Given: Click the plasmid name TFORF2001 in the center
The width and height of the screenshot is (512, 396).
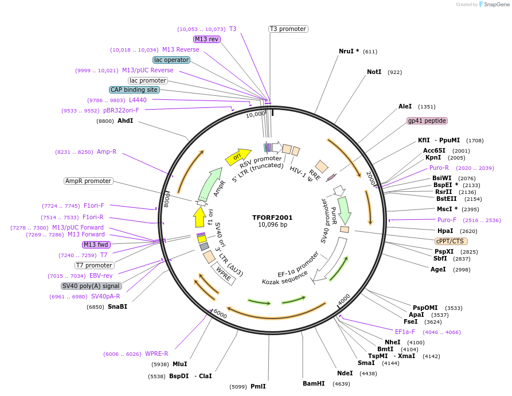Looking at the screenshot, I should click(272, 218).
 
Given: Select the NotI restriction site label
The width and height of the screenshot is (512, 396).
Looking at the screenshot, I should click(374, 72).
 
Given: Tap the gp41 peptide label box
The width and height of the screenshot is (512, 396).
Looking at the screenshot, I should click(427, 121).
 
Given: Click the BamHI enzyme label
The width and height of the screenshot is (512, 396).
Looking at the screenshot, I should click(314, 383).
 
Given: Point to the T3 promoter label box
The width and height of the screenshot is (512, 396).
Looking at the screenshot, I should click(288, 29).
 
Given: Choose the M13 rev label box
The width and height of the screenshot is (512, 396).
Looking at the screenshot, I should click(206, 39).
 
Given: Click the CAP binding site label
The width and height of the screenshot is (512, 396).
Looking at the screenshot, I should click(134, 90).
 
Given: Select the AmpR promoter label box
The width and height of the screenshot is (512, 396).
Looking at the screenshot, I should click(88, 181).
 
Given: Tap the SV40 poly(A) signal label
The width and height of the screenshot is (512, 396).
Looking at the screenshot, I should click(91, 286).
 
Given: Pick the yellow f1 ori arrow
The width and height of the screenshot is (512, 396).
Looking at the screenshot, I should click(200, 217).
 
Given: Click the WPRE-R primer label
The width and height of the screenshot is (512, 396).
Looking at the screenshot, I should click(157, 354).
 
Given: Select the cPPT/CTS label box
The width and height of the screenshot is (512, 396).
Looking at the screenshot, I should click(450, 241).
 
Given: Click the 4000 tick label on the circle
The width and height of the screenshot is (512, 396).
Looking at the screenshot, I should click(343, 300).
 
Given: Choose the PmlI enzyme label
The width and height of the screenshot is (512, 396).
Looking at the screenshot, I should click(258, 386).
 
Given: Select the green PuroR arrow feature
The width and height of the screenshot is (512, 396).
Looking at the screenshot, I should click(344, 209).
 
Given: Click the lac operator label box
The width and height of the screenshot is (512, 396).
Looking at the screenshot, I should click(171, 60).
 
